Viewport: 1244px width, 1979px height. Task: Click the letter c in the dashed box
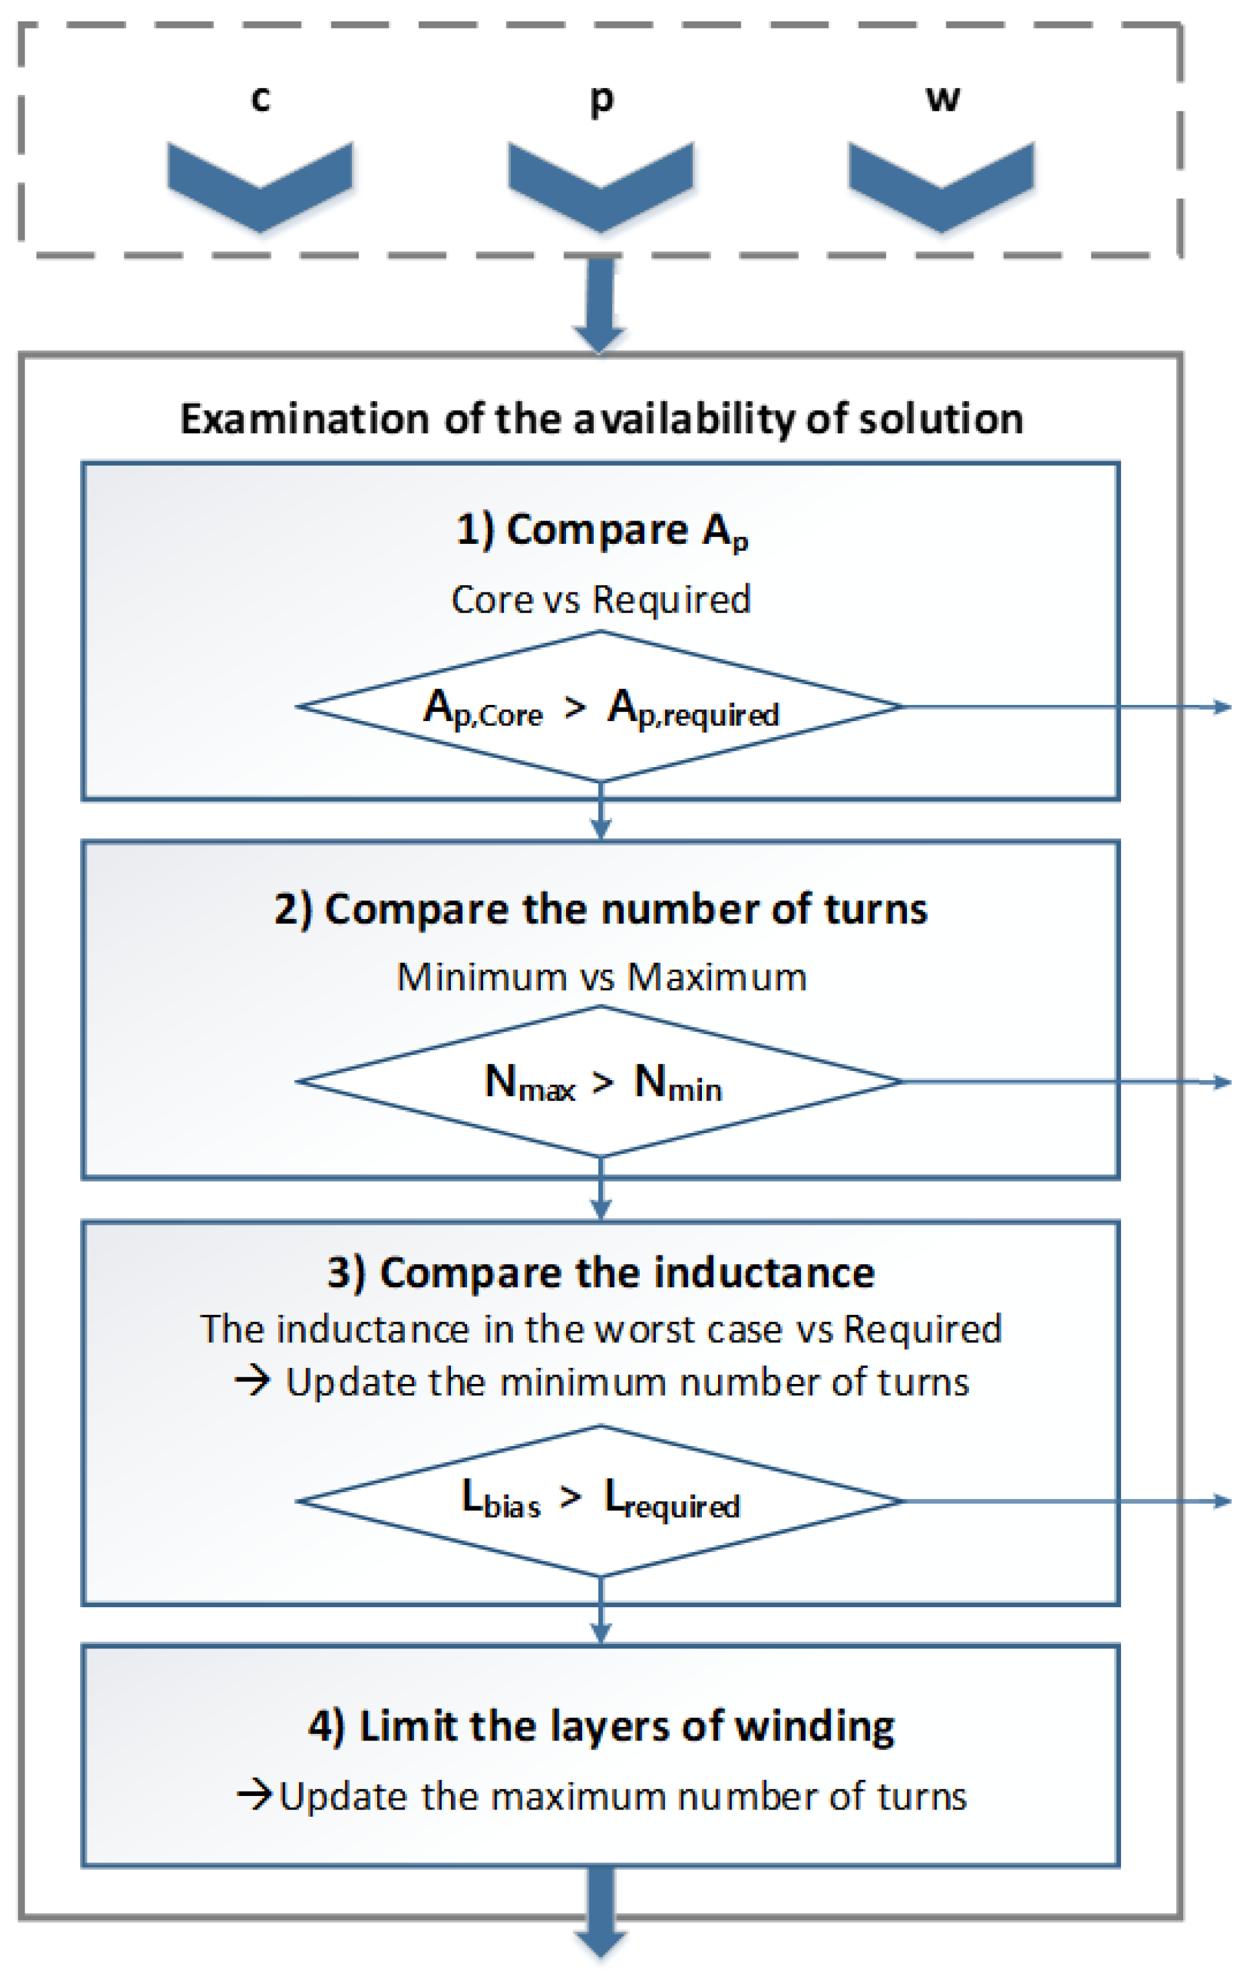click(x=260, y=98)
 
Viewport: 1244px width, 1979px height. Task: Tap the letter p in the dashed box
click(x=601, y=100)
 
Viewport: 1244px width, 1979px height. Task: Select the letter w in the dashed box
click(x=943, y=98)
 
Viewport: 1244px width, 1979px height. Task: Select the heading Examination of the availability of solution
click(x=601, y=418)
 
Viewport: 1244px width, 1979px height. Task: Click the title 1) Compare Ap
click(x=601, y=530)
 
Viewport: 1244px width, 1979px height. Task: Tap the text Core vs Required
click(x=601, y=599)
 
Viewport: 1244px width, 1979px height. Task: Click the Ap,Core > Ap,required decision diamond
click(x=601, y=707)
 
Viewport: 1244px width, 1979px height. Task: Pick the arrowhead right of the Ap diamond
click(x=1223, y=707)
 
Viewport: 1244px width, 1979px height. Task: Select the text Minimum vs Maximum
click(x=601, y=977)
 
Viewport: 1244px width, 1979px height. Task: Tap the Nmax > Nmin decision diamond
click(x=601, y=1083)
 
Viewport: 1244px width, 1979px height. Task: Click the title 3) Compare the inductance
click(x=601, y=1273)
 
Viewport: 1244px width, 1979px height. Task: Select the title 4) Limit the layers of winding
click(x=601, y=1726)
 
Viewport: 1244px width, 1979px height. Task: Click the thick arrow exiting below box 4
click(x=601, y=1915)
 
